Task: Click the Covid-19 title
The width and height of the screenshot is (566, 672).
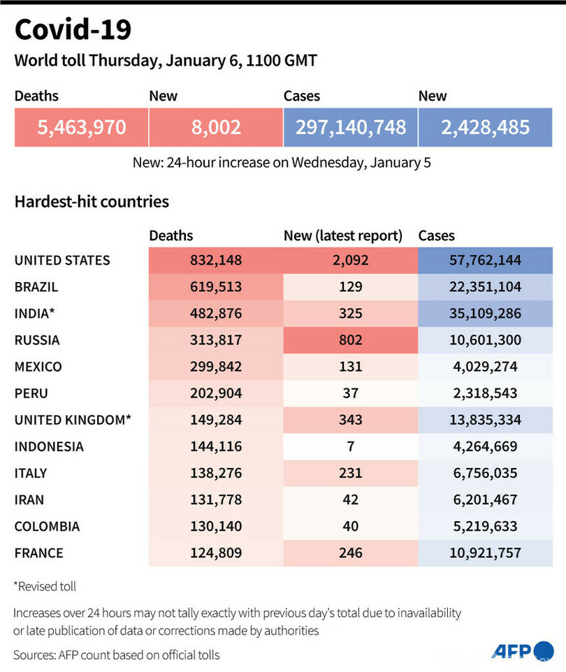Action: point(73,30)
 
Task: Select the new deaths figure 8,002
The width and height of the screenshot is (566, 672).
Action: point(215,127)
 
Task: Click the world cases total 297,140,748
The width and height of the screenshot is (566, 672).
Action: point(350,127)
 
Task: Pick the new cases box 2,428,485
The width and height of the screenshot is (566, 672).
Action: point(485,127)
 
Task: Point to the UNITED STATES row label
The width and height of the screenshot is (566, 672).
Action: point(62,261)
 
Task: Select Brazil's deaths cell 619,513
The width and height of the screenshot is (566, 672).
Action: point(215,287)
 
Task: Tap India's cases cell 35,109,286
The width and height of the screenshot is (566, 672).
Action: point(485,314)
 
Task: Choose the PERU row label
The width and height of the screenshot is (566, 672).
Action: point(31,393)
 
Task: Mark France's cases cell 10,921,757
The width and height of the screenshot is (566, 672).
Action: point(485,553)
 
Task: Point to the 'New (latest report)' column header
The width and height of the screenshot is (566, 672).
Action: point(343,236)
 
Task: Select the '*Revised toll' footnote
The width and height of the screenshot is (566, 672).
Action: point(46,586)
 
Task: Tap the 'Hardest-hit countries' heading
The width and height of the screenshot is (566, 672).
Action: point(92,202)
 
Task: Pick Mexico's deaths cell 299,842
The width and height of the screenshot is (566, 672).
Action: point(215,367)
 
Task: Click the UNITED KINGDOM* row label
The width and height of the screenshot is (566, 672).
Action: point(73,420)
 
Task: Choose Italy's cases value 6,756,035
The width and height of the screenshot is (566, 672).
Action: point(485,473)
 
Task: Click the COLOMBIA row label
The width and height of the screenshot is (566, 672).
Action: point(47,526)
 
